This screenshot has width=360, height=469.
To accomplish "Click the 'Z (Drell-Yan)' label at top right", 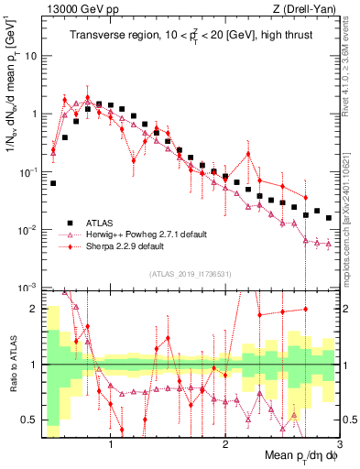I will click(x=309, y=9).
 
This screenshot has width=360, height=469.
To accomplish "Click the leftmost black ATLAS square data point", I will click(x=53, y=183).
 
